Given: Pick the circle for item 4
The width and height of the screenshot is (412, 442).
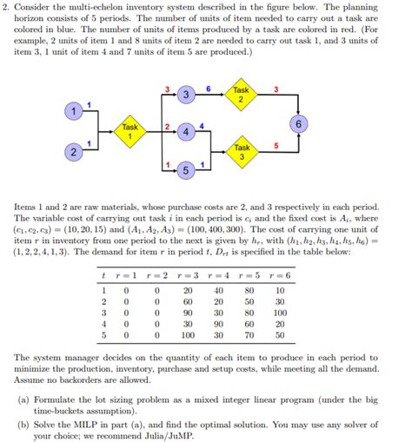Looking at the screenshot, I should (184, 133).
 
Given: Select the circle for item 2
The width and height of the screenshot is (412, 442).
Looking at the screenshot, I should (76, 154).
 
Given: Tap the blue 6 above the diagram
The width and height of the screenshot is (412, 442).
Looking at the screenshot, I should (209, 88).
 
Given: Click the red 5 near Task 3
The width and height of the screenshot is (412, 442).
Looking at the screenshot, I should (276, 145).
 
